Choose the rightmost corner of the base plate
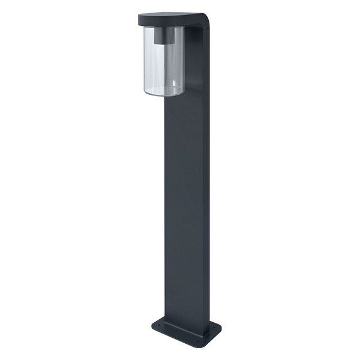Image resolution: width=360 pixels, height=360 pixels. point(220,329)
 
